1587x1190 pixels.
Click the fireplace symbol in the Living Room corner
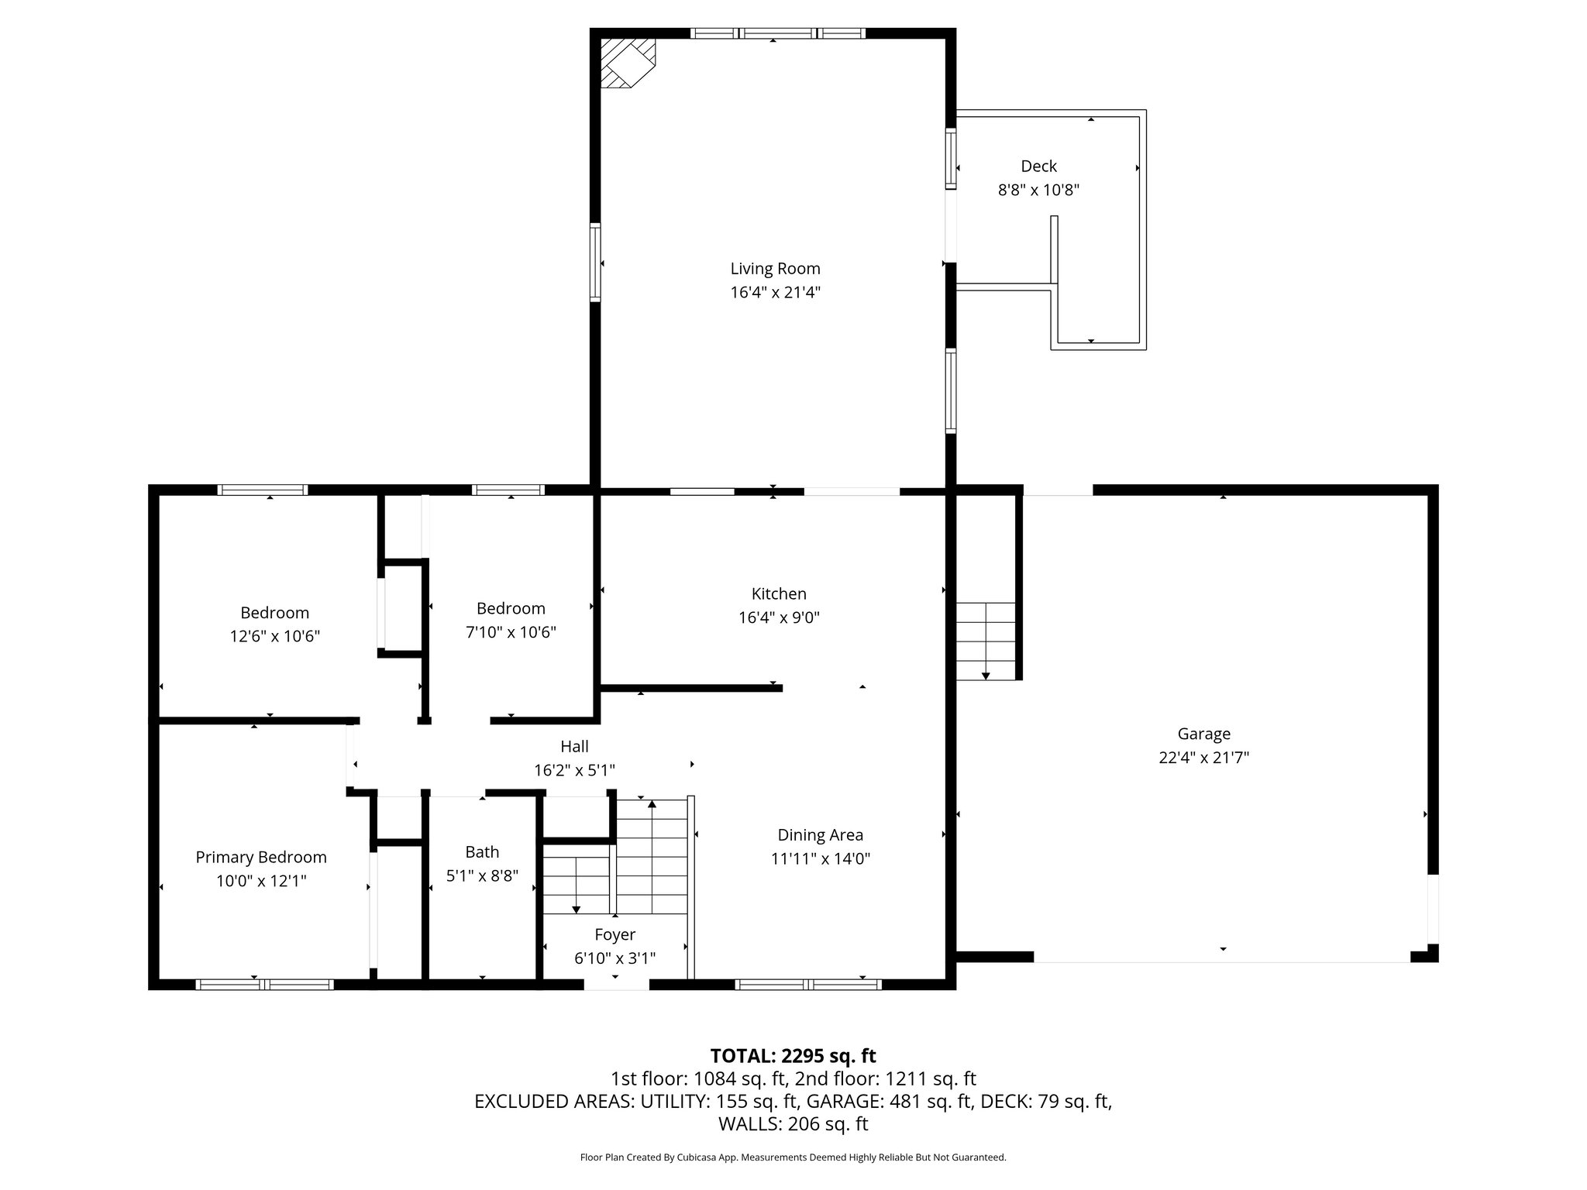pyautogui.click(x=626, y=64)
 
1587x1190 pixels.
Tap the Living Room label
pyautogui.click(x=775, y=269)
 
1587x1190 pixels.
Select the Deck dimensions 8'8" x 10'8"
pyautogui.click(x=1038, y=190)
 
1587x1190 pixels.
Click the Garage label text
pyautogui.click(x=1203, y=734)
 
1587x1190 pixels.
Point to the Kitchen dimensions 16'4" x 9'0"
pyautogui.click(x=779, y=617)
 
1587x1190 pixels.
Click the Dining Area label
pyautogui.click(x=820, y=835)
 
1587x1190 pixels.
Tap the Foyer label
pyautogui.click(x=614, y=934)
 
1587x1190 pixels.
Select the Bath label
pyautogui.click(x=482, y=852)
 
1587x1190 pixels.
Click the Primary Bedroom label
pyautogui.click(x=261, y=857)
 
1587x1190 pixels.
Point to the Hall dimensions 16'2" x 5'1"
pyautogui.click(x=574, y=770)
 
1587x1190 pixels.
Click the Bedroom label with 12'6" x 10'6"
pyautogui.click(x=274, y=613)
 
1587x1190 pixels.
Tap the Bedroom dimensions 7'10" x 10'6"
pyautogui.click(x=511, y=632)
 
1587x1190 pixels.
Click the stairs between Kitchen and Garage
pyautogui.click(x=985, y=641)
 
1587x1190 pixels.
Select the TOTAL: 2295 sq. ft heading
pyautogui.click(x=793, y=1056)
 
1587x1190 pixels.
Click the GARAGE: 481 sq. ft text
pyautogui.click(x=889, y=1101)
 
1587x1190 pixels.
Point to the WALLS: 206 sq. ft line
pyautogui.click(x=793, y=1123)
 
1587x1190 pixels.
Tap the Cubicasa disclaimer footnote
pyautogui.click(x=793, y=1157)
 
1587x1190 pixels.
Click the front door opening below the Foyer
pyautogui.click(x=616, y=985)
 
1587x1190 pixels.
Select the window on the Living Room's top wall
pyautogui.click(x=777, y=33)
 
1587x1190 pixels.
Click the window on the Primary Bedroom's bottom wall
pyautogui.click(x=264, y=985)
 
